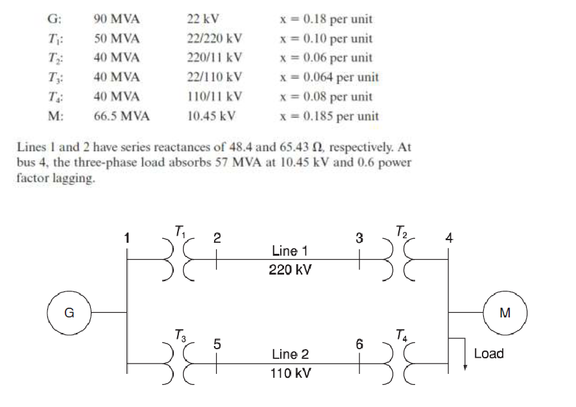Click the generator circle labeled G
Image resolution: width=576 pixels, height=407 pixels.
(68, 312)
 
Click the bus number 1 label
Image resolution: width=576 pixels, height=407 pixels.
(127, 238)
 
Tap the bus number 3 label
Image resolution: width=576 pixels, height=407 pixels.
(359, 238)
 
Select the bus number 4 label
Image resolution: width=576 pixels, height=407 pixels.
(449, 238)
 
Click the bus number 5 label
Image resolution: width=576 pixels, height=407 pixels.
(217, 345)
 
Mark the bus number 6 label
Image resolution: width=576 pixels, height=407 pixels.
(359, 345)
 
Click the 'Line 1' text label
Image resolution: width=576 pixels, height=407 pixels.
(290, 251)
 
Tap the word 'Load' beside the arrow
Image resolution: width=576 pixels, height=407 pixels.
(488, 354)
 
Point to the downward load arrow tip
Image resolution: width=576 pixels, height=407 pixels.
(465, 367)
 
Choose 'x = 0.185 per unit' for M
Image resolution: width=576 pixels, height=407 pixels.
(329, 117)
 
